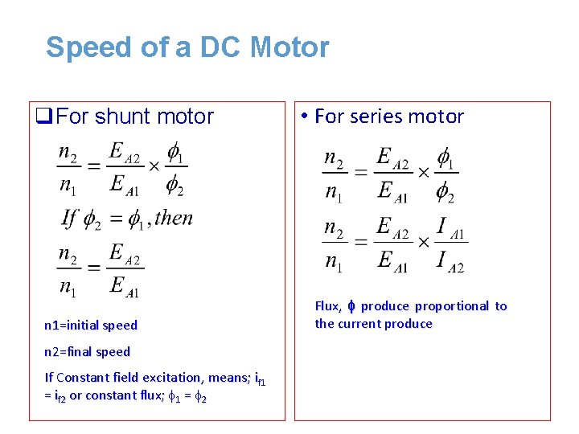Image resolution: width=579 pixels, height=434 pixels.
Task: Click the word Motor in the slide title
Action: click(289, 47)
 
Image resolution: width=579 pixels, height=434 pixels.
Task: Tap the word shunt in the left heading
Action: click(121, 117)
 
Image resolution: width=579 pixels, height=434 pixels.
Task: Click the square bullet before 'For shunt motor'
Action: click(44, 117)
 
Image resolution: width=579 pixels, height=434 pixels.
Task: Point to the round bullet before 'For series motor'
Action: click(306, 117)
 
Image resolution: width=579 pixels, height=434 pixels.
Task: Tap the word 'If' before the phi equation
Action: click(70, 218)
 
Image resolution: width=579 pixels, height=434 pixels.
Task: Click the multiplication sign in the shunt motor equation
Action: click(154, 166)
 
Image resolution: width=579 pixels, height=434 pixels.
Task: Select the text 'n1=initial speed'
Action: click(91, 325)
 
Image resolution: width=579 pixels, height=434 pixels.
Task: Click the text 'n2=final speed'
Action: click(87, 351)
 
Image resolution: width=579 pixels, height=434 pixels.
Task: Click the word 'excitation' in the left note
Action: click(172, 377)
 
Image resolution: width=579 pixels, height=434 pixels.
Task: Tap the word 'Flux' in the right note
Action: click(327, 306)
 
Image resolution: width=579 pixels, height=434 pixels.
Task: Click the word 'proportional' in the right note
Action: click(451, 306)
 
